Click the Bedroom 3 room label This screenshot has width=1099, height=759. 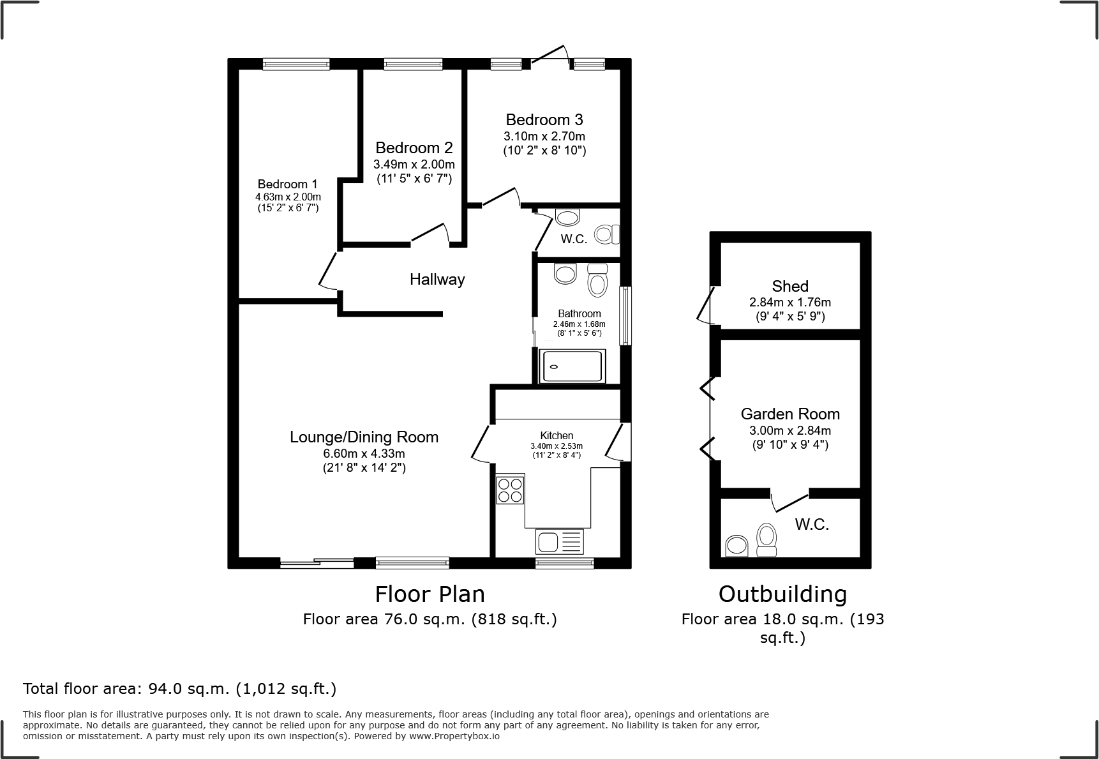[x=544, y=120]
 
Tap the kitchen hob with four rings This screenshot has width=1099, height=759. [x=510, y=490]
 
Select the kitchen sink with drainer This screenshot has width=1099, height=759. [x=560, y=542]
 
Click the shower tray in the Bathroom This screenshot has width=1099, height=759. [x=571, y=366]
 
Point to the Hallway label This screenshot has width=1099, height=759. [x=437, y=280]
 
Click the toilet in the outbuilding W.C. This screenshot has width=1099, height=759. [x=766, y=540]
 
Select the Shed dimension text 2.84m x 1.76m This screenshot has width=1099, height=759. [x=790, y=303]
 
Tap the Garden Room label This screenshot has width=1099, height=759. [x=790, y=414]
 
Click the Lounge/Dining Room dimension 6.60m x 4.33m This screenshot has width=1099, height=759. [x=364, y=454]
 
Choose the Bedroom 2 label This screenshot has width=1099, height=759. [x=414, y=148]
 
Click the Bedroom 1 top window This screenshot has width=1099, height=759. [x=296, y=63]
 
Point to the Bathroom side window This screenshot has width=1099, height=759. [x=626, y=316]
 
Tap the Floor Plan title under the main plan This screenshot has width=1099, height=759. [x=430, y=594]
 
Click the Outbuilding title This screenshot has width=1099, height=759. [x=782, y=594]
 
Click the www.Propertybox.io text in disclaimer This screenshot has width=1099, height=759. [x=454, y=736]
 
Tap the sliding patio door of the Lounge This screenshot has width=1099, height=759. [x=317, y=563]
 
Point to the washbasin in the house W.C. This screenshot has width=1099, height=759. [x=567, y=217]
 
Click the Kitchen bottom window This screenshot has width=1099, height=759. [x=564, y=563]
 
